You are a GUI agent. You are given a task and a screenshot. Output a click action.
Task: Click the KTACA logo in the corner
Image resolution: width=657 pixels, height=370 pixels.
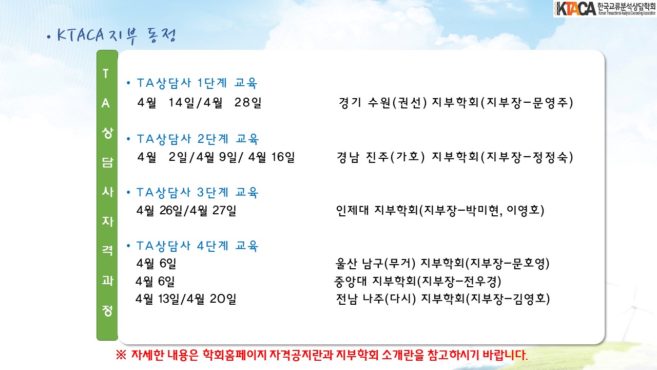click(605, 9)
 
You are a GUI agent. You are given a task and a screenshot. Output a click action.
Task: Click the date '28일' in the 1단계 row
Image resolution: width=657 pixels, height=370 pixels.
click(248, 102)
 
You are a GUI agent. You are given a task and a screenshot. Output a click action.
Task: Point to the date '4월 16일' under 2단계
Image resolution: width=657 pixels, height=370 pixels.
click(272, 157)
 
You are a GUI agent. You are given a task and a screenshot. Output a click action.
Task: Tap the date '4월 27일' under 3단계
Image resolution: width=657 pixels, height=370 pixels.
click(212, 210)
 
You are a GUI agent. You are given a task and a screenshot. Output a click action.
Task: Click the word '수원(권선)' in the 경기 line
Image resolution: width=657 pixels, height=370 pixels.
click(397, 103)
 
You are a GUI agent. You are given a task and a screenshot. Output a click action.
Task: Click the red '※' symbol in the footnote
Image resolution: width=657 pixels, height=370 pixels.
click(121, 355)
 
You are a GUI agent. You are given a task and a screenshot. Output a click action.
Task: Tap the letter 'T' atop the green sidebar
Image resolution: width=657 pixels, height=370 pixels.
click(106, 73)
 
